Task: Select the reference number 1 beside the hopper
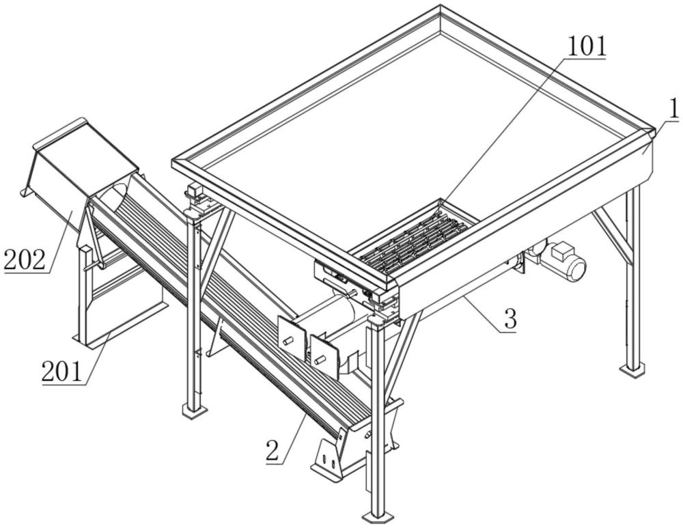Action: [x=672, y=109]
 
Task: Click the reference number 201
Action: [x=62, y=372]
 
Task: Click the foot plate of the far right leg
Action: [x=633, y=370]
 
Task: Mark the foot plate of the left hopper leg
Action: [x=193, y=411]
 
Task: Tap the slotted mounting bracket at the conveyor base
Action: [x=329, y=460]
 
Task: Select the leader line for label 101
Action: [x=505, y=130]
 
